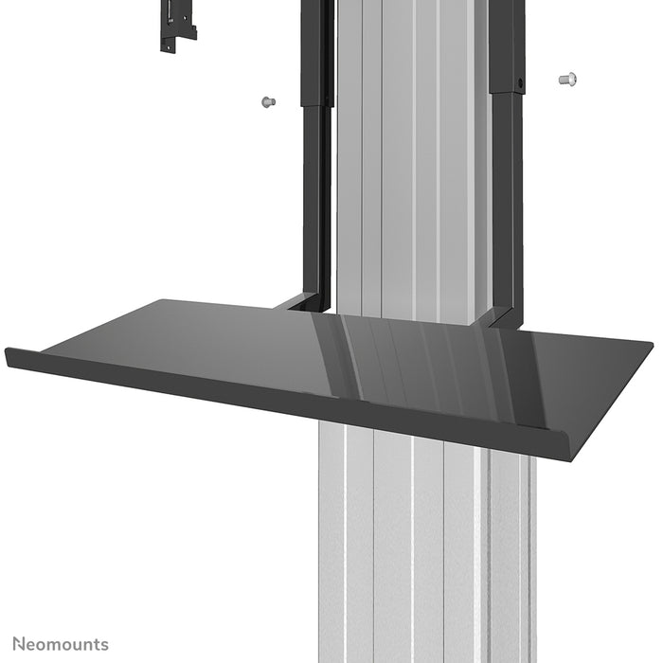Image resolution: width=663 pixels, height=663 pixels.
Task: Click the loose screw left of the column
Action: pyautogui.click(x=267, y=100)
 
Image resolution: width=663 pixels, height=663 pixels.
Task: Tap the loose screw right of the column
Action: pyautogui.click(x=567, y=79)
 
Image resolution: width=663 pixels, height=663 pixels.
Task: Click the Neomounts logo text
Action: pyautogui.click(x=60, y=645)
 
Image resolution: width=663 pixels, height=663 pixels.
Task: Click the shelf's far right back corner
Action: pyautogui.click(x=650, y=342)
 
